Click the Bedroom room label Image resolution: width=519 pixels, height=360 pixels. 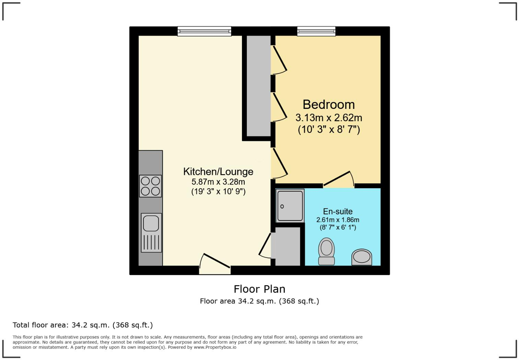(328, 104)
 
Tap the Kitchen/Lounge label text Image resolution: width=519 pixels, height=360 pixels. (218, 171)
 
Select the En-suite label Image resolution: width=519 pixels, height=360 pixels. (337, 211)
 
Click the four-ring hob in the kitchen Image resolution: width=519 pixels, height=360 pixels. (150, 186)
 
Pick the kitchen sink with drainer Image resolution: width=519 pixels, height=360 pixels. (151, 233)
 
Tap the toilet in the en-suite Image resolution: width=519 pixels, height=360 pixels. (326, 251)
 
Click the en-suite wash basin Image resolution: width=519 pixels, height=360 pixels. (361, 257)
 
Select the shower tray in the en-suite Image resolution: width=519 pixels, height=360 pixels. (290, 205)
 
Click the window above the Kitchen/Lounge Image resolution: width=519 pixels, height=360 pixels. (204, 31)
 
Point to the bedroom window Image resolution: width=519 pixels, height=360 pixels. (316, 31)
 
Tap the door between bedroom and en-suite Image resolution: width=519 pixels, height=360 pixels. (338, 180)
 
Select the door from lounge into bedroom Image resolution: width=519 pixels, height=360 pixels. (279, 164)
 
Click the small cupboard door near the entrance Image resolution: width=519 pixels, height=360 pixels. (265, 245)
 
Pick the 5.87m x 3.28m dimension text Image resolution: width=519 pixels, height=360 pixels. (218, 182)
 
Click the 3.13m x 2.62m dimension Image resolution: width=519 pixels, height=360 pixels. (328, 118)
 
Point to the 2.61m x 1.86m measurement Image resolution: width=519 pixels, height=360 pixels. (337, 220)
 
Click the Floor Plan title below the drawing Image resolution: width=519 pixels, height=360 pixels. (259, 289)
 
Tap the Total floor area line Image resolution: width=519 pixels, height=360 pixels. (82, 325)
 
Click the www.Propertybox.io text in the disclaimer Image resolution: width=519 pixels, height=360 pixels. (215, 347)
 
